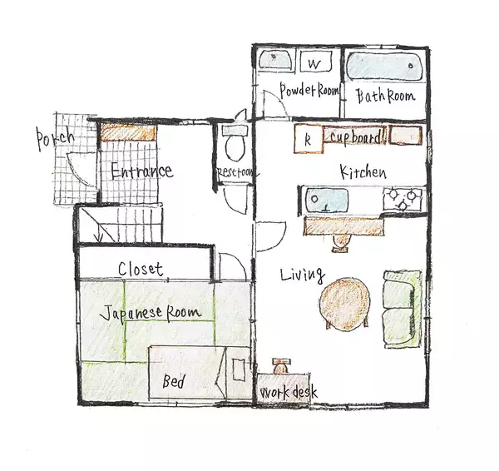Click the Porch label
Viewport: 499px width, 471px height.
55,138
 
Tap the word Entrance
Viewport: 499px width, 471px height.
142,172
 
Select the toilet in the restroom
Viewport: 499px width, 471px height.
235,142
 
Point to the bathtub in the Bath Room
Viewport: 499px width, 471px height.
384,67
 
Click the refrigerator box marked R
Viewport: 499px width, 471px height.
309,139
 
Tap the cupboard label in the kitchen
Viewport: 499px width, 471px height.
355,137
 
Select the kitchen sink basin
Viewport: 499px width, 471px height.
327,200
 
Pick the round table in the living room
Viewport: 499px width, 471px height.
345,304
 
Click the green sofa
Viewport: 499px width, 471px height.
403,309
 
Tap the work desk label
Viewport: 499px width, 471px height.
289,392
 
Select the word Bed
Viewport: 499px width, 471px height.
174,380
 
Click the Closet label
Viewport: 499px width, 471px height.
141,269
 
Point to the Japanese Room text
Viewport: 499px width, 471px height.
151,314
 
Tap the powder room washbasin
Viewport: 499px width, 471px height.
276,60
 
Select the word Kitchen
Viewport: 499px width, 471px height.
363,172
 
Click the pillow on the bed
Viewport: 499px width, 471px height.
239,369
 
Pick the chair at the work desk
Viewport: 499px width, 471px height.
280,366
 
